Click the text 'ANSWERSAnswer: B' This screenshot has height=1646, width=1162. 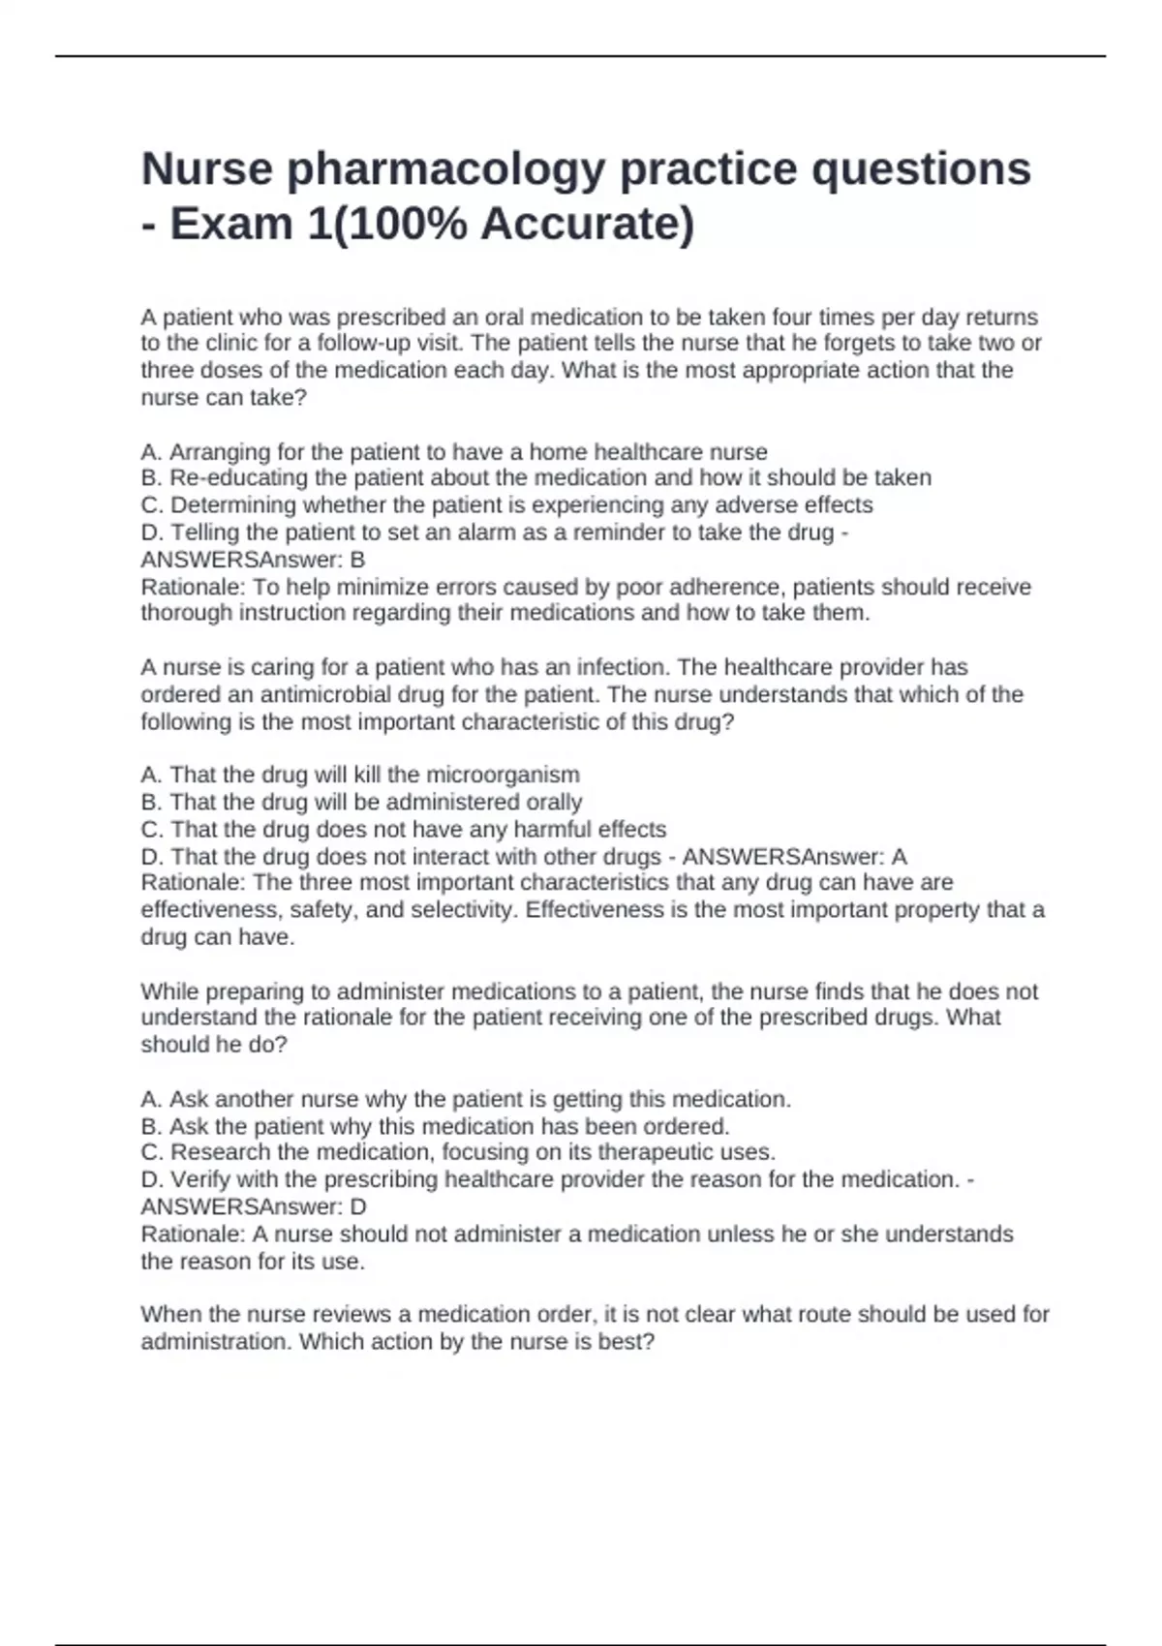tap(253, 560)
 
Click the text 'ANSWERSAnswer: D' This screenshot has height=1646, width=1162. tap(254, 1207)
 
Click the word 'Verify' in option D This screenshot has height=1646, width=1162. tap(199, 1179)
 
